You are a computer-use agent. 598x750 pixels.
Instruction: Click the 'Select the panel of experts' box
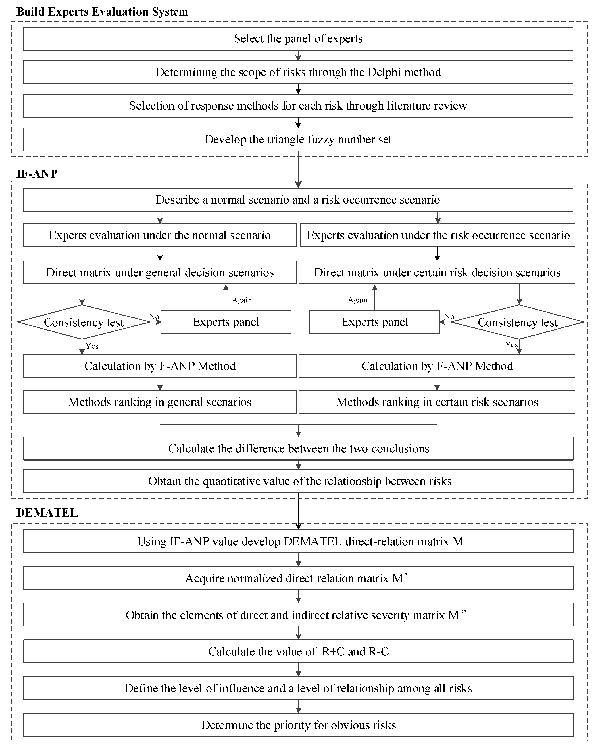pos(298,39)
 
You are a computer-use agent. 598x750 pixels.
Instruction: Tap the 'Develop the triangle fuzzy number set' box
pos(298,139)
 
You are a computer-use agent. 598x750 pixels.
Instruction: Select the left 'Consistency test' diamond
pos(84,322)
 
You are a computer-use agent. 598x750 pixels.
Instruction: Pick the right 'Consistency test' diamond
pos(517,322)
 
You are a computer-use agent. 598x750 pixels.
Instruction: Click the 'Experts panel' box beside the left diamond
pos(226,322)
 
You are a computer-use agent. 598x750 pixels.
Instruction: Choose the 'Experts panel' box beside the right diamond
pos(375,322)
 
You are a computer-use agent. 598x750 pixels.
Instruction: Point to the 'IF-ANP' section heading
pos(37,174)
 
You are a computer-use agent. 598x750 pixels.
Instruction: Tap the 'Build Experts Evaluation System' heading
pos(102,12)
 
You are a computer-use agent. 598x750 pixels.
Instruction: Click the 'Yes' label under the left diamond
pos(92,346)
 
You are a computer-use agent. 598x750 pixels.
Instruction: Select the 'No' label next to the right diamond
pos(449,316)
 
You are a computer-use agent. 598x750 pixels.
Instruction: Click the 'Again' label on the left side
pos(242,300)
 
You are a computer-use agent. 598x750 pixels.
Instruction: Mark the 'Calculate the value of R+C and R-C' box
pos(298,651)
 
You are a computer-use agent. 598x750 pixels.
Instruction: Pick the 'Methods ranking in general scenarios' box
pos(160,402)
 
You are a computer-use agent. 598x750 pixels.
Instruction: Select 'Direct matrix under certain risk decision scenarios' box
pos(437,272)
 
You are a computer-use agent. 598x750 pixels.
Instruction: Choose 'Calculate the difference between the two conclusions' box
pos(298,449)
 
